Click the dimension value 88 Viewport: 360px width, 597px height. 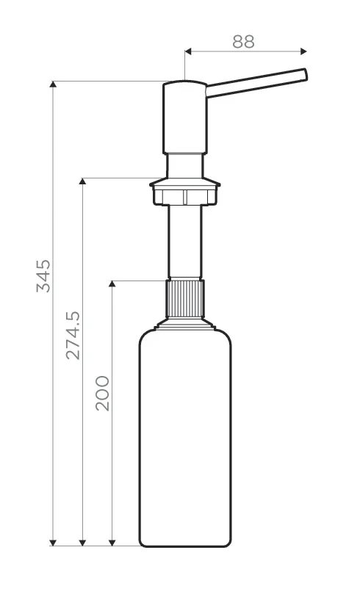point(243,41)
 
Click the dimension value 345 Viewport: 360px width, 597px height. point(43,275)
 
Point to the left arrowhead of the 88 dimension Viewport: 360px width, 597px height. point(188,51)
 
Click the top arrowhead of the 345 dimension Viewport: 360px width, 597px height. point(53,84)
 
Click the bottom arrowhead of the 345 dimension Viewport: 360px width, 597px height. point(53,542)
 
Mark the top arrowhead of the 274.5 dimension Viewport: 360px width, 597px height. point(82,181)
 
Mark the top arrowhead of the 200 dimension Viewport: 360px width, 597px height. point(112,283)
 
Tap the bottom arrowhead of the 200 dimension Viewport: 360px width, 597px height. point(112,542)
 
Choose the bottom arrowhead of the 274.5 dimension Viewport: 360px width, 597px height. point(82,542)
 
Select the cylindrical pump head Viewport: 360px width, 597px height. point(184,117)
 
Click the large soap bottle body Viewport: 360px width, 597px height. point(184,441)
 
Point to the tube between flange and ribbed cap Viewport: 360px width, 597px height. point(184,242)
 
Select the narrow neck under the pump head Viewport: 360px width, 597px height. point(184,165)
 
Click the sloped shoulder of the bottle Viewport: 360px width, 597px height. point(184,327)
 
